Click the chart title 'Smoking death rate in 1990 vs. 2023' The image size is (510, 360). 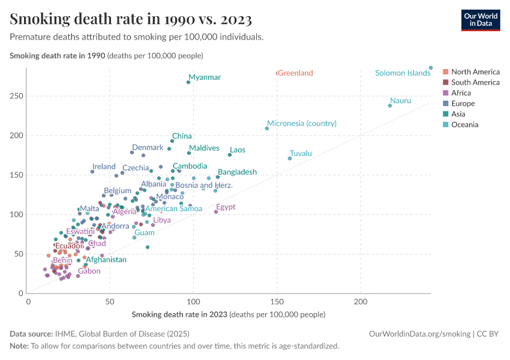point(131,19)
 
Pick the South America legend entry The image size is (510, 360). point(475,82)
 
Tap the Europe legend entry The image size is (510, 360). point(463,104)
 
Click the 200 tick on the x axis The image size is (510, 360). point(361,301)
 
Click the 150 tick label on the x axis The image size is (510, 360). point(277,301)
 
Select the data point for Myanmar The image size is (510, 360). point(188,82)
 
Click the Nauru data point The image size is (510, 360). point(390,106)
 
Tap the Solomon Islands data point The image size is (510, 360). point(431,68)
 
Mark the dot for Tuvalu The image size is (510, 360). point(290,158)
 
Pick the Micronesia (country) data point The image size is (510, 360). point(267,128)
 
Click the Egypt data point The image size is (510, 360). point(216,212)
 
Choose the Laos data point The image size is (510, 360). point(230,155)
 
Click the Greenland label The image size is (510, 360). point(295,73)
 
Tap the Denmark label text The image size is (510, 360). point(148,148)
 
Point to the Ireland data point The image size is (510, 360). point(92,172)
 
